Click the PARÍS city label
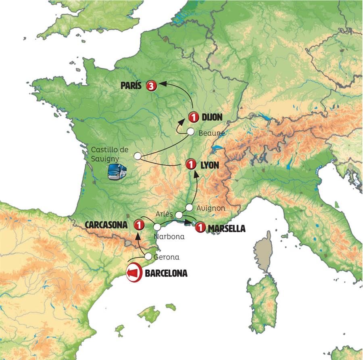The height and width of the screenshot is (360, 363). tap(132, 85)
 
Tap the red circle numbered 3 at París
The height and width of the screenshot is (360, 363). tap(151, 85)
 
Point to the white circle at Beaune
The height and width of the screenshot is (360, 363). tap(191, 132)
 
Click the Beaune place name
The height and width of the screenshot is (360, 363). tap(213, 132)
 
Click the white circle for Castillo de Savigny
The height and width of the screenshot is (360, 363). tap(138, 156)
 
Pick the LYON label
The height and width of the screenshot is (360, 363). tap(209, 165)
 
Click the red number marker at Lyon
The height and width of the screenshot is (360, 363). tap(191, 164)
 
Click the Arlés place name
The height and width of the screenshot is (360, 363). tap(164, 214)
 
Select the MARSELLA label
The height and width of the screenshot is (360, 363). tap(226, 229)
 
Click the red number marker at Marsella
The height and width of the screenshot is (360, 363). tap(200, 228)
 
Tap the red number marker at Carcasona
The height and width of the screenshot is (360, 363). tap(139, 225)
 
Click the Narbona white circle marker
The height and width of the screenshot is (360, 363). tap(157, 227)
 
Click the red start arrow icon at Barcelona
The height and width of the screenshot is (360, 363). tap(134, 273)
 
